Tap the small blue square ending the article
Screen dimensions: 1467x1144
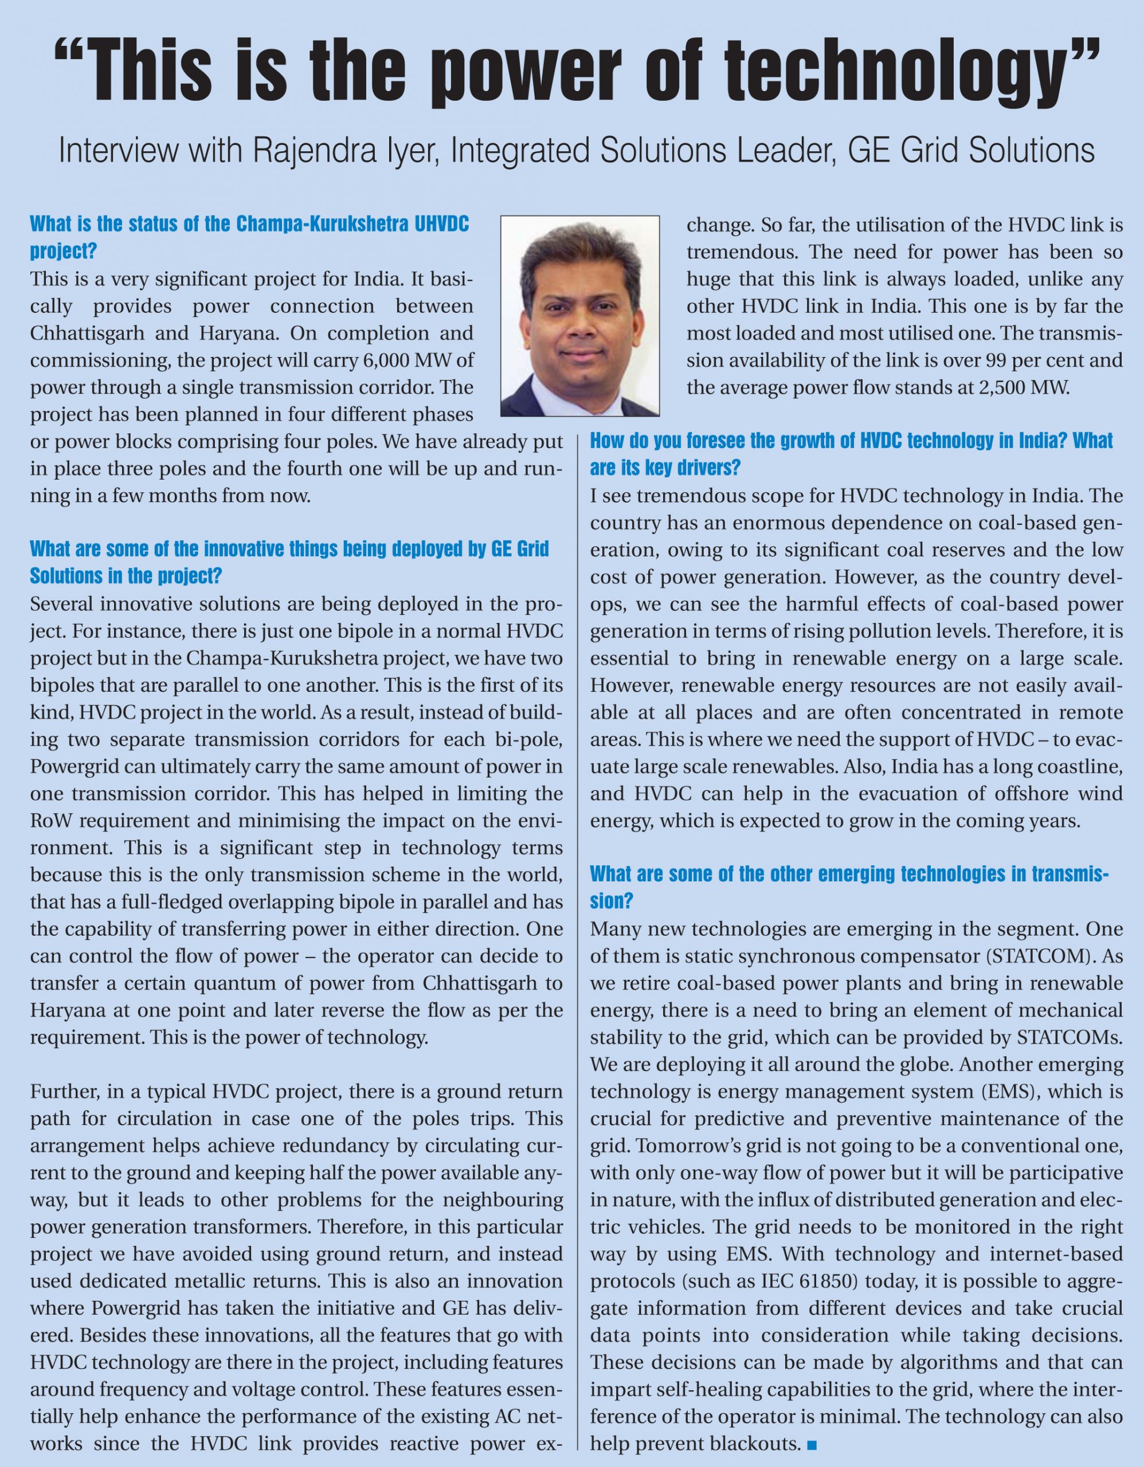813,1444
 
